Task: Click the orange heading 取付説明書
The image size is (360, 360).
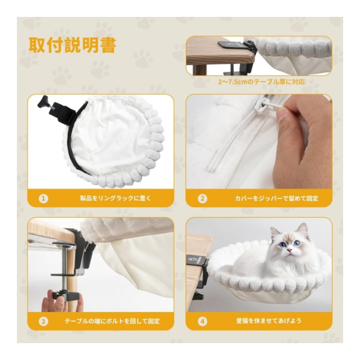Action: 73,45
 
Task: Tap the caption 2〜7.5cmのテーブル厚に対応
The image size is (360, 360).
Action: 262,82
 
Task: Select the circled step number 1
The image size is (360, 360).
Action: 43,199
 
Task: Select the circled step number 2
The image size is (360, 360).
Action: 202,199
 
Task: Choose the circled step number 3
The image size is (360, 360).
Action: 43,321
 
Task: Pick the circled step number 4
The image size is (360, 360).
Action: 202,321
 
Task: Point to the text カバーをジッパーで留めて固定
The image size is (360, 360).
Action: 277,198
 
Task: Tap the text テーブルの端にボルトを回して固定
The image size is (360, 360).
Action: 112,321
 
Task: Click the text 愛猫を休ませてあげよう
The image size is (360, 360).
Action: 269,321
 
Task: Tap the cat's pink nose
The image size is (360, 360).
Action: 290,250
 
